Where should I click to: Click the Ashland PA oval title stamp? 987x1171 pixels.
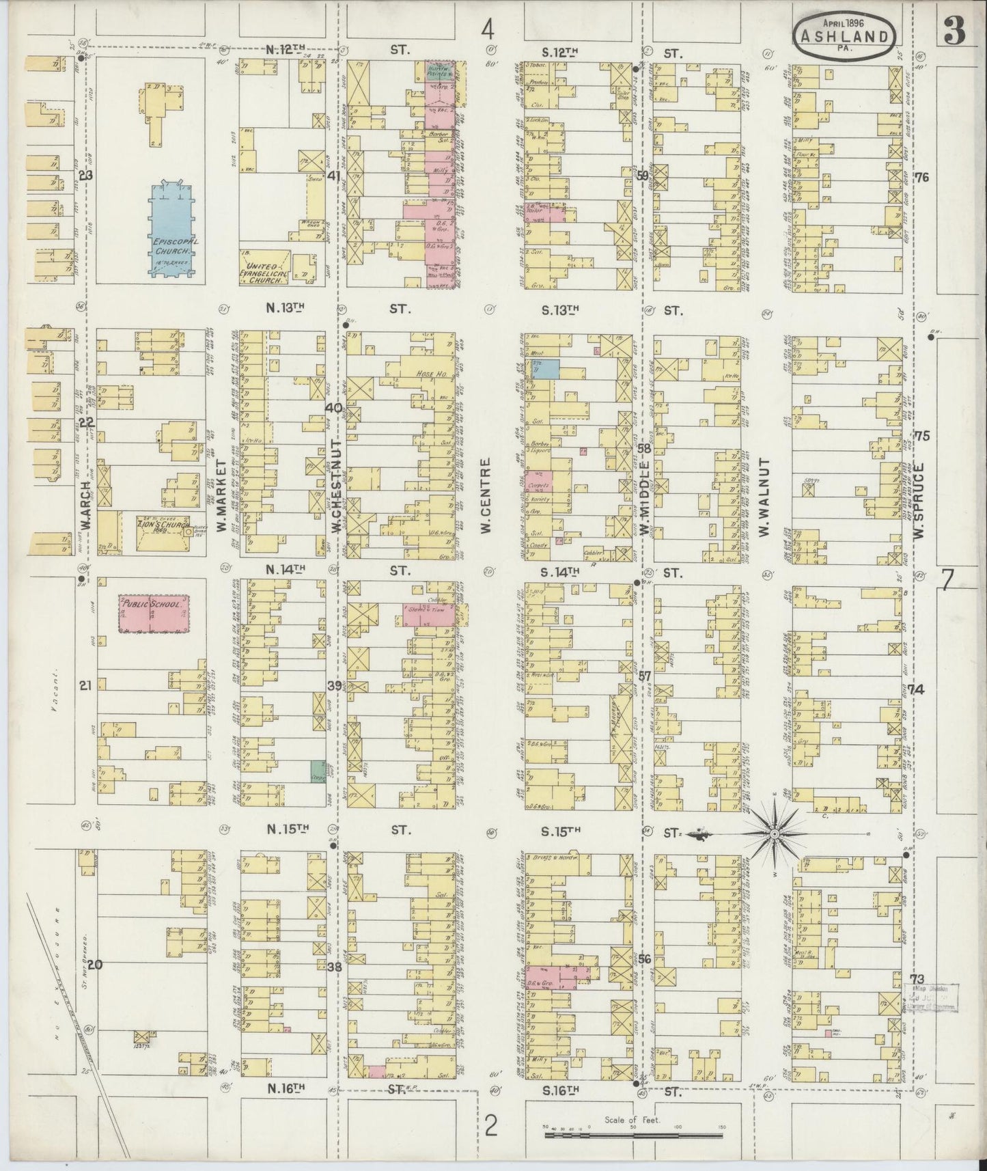pyautogui.click(x=844, y=37)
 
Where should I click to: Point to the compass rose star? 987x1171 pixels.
pyautogui.click(x=775, y=834)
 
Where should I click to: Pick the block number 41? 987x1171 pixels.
pyautogui.click(x=333, y=176)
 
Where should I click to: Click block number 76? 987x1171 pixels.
pyautogui.click(x=921, y=178)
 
